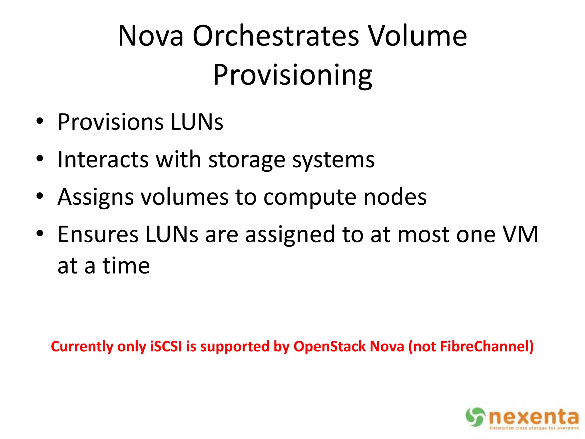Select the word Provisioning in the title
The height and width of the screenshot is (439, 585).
click(292, 75)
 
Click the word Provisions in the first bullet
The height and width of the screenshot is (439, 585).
click(111, 122)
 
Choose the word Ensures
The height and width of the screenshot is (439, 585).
click(98, 234)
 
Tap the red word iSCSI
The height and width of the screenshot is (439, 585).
click(166, 346)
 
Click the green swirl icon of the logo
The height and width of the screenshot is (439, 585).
click(475, 417)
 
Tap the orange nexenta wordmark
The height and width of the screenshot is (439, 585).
click(534, 417)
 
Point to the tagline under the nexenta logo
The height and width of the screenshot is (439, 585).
click(534, 428)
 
